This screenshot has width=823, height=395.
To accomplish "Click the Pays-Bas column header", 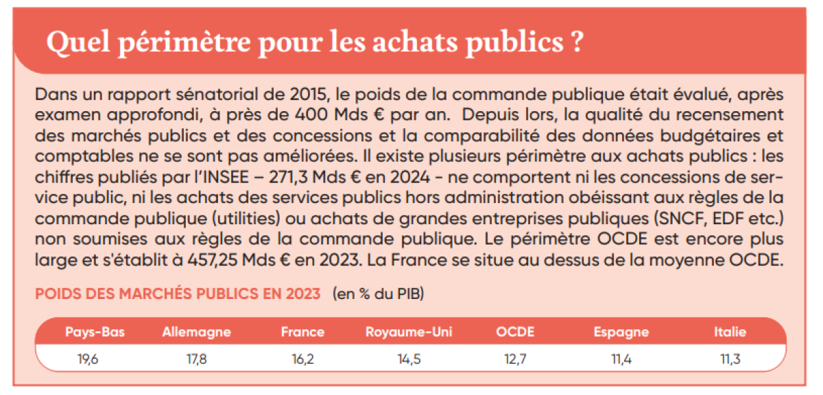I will point(95,333).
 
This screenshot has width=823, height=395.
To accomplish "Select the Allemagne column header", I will point(196,333).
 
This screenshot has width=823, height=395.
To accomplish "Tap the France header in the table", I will point(302,333).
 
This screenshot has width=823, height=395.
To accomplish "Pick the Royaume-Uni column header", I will point(409,333).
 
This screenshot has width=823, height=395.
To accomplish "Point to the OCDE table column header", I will point(515,333).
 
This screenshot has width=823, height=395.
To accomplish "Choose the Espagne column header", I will point(621,333).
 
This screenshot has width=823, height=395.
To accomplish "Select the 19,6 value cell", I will point(89,358).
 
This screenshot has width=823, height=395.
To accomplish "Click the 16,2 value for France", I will point(302,358).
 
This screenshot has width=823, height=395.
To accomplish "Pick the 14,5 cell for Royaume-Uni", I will point(409,358).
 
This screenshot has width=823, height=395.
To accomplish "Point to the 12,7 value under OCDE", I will point(515,358).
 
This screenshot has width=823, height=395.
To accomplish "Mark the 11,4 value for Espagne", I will point(621,358).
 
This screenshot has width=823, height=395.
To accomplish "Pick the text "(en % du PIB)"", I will point(379,294).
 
